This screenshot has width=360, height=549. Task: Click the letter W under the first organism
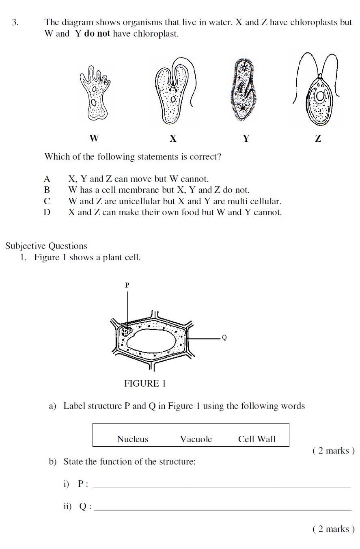point(94,138)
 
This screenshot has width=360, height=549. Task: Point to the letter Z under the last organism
point(318,138)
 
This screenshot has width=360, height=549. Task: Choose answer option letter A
point(47,179)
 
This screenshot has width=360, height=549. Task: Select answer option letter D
point(47,212)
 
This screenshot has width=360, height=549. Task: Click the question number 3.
point(15,22)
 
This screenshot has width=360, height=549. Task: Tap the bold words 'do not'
point(97,33)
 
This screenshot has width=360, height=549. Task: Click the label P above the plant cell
point(127,285)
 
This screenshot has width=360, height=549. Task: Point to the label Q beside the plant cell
point(224,338)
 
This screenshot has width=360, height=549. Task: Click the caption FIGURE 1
point(145,383)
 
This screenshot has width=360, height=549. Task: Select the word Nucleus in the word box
point(133,439)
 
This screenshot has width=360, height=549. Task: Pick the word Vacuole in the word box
point(196,439)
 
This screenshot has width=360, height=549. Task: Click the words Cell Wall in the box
point(257,439)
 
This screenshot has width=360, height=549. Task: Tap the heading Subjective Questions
point(46,246)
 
